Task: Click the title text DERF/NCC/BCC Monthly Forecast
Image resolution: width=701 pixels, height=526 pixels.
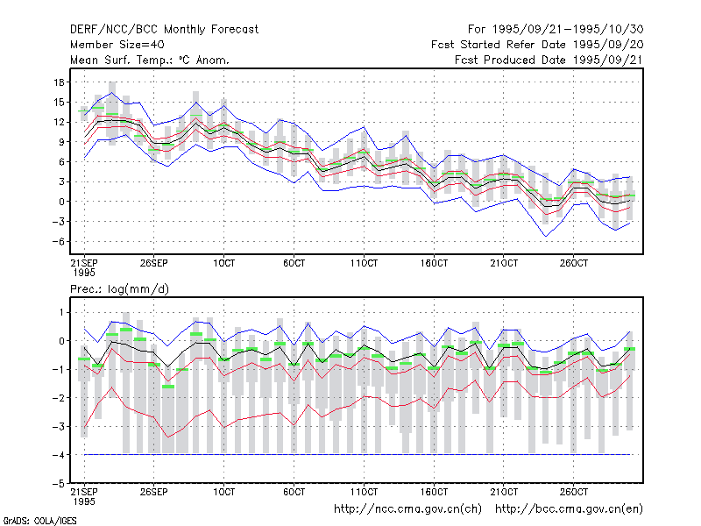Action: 164,30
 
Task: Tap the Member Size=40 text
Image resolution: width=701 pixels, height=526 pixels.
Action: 117,45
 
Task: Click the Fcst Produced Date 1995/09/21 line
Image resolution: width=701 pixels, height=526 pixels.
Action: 549,60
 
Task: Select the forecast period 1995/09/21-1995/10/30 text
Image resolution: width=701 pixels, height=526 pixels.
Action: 556,30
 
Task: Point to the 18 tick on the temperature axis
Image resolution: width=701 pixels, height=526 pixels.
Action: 59,82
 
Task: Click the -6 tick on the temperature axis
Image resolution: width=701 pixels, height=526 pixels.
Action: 58,242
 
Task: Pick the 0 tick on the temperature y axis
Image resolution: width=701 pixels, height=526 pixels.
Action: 61,202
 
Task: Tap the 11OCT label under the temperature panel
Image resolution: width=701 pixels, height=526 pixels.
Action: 364,263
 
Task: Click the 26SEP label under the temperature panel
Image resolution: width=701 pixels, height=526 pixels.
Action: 154,263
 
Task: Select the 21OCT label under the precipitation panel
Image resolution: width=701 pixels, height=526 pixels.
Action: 504,492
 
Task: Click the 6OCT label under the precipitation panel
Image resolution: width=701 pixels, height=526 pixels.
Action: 294,492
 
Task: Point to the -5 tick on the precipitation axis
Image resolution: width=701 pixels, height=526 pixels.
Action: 58,484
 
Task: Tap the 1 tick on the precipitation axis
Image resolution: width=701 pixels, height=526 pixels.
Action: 61,312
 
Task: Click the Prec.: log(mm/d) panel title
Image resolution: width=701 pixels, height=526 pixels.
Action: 119,289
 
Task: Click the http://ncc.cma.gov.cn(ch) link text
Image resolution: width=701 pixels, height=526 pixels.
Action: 408,509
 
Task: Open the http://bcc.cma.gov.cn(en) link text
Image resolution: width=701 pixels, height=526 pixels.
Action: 569,509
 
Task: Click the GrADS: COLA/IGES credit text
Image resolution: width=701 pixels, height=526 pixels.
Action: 39,521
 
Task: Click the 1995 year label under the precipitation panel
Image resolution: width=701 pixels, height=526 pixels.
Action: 84,501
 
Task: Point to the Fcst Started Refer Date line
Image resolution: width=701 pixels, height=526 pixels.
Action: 537,45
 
